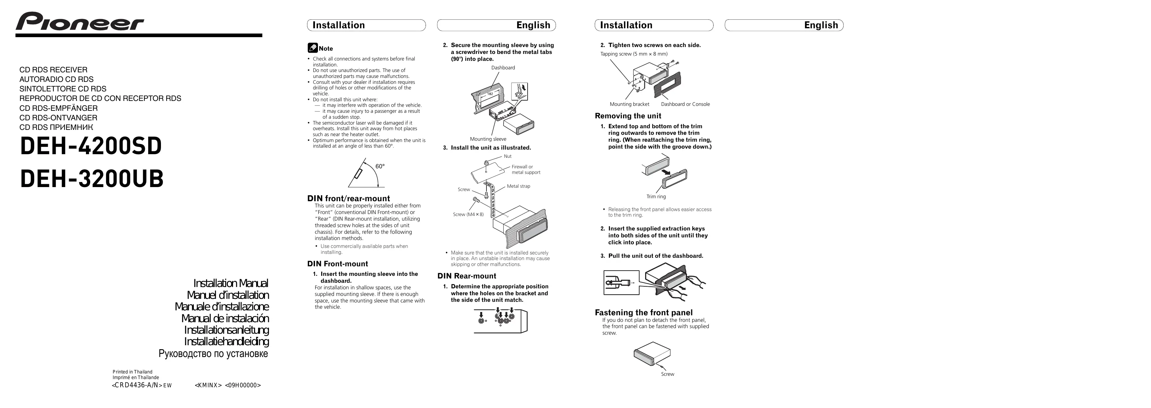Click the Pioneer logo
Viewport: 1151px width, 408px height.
click(x=80, y=21)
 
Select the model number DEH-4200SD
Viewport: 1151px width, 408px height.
click(x=91, y=146)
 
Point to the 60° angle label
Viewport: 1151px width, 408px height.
click(x=380, y=166)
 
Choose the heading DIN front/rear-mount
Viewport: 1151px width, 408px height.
click(x=349, y=199)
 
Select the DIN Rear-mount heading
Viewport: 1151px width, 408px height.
click(x=466, y=276)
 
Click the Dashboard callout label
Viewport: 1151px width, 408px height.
click(x=503, y=68)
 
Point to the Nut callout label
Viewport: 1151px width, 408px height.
click(x=508, y=156)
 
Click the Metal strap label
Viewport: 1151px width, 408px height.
click(x=518, y=186)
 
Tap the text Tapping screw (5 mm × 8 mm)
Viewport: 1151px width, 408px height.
click(x=634, y=54)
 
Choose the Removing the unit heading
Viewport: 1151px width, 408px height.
click(x=628, y=116)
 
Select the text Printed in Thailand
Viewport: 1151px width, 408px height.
click(x=132, y=372)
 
